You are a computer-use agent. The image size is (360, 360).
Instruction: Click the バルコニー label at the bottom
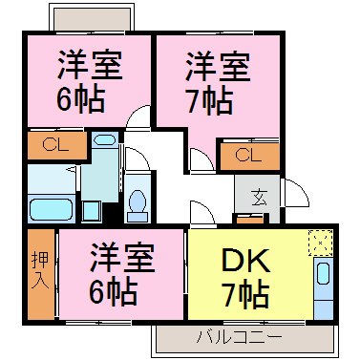click(238, 337)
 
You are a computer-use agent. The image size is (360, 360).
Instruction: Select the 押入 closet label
click(39, 270)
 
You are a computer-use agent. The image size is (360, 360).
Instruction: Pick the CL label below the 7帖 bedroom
click(247, 155)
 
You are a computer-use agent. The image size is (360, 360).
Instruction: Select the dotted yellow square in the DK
click(319, 244)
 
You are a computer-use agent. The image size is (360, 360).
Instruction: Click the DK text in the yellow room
click(248, 261)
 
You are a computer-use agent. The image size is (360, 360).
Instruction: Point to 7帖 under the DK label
click(247, 293)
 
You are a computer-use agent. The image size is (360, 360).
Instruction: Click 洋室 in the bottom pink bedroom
click(122, 257)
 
